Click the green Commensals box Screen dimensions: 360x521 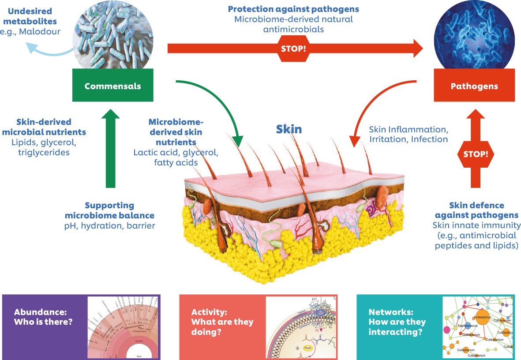coord(112,86)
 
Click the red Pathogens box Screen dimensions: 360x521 coord(474,86)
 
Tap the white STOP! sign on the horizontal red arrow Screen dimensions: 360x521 coord(293,47)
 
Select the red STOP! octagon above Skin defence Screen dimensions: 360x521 coord(476,154)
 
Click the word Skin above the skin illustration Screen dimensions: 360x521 coord(289,129)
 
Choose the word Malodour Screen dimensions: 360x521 coord(41,31)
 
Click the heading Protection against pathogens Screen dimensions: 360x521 coord(293,9)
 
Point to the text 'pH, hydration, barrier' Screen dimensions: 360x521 coord(109,226)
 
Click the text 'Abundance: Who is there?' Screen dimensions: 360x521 coord(43,316)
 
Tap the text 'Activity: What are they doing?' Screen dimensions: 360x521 coord(222,322)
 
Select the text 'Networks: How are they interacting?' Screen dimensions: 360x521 coord(397,322)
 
